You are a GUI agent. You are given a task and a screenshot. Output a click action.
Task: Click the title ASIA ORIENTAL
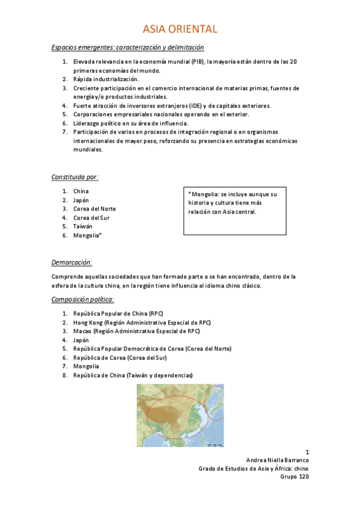coord(180,29)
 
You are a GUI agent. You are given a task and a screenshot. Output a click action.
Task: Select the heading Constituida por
coord(75,177)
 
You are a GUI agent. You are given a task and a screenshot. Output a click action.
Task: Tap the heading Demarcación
coord(72,263)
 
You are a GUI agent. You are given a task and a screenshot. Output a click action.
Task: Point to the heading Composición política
coord(83,300)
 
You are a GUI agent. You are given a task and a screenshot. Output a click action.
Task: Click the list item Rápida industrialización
coord(106,79)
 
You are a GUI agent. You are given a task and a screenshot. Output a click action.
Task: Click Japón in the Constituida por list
coord(82,200)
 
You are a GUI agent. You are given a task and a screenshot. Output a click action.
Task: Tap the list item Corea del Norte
coord(94,209)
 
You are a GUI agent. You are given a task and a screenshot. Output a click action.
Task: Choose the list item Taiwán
coord(83,226)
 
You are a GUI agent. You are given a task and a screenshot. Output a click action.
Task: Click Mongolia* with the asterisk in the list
coord(87,235)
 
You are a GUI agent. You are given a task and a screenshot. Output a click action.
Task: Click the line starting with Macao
coord(136,331)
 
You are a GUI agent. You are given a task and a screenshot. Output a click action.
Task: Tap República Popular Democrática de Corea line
coord(152,348)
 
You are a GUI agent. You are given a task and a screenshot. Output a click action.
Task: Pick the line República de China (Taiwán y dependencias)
coord(133,375)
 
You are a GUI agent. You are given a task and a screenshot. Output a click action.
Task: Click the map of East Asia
coord(180,415)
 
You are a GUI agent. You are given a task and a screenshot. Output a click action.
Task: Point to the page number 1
coord(307,452)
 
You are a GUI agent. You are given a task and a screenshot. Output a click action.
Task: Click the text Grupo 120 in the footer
coord(294,476)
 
